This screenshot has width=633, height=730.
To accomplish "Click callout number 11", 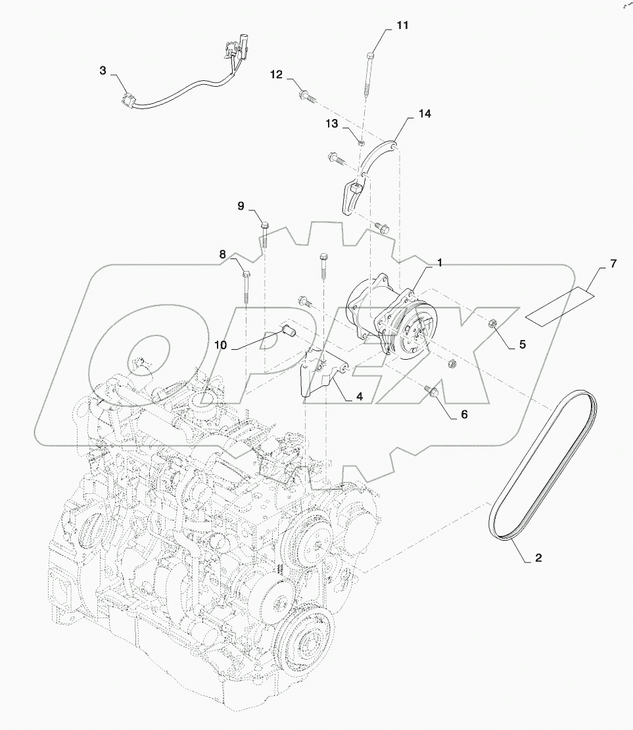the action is pyautogui.click(x=402, y=25).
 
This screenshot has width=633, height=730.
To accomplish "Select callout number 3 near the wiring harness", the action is pyautogui.click(x=103, y=70).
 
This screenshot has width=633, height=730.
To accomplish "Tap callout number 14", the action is pyautogui.click(x=425, y=114).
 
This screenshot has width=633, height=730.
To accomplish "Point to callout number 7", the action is pyautogui.click(x=613, y=264).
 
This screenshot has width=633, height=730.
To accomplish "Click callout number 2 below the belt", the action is pyautogui.click(x=538, y=557).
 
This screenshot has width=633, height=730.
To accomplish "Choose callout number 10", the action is pyautogui.click(x=220, y=345).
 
